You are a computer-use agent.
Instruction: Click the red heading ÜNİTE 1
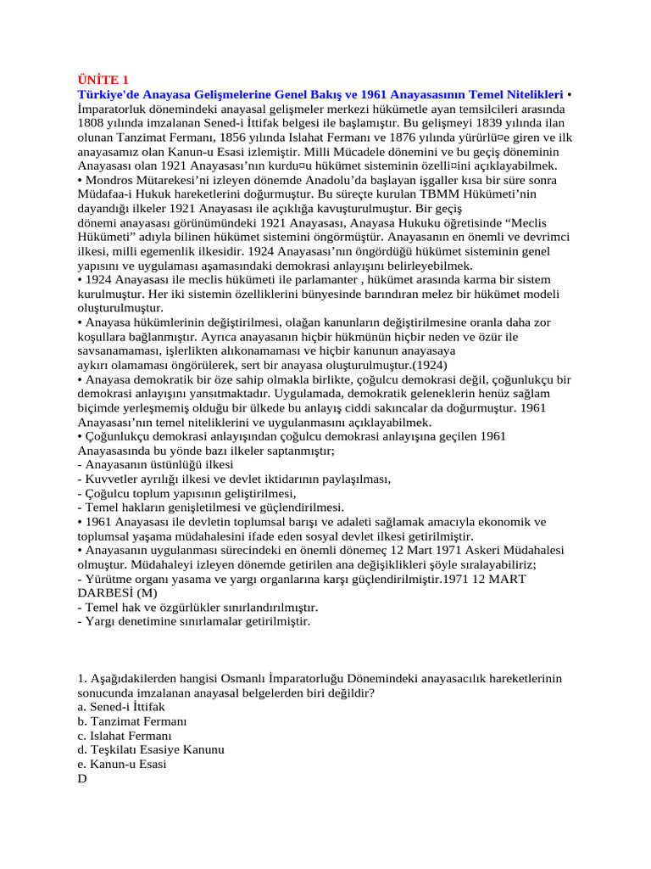(103, 80)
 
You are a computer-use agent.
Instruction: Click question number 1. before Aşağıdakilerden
(81, 679)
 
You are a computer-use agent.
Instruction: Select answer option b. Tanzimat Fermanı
(131, 721)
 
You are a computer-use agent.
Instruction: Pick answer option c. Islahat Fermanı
(124, 736)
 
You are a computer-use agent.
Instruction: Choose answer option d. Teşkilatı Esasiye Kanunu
(150, 750)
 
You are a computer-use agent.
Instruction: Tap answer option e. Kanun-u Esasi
(121, 764)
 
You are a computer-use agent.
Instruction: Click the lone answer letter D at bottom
(82, 778)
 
